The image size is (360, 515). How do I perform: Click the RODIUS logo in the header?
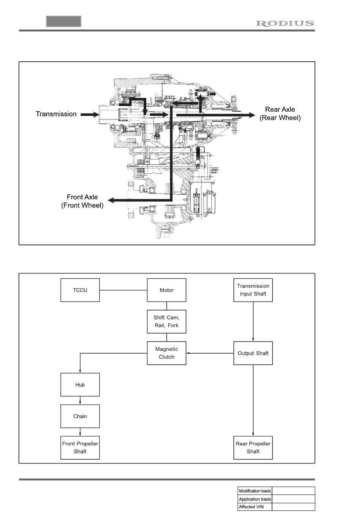285,23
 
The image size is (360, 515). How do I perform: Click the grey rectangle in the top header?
64,21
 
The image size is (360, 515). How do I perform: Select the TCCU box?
80,290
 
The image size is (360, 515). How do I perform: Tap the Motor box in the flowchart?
166,290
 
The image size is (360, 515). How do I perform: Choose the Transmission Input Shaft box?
253,290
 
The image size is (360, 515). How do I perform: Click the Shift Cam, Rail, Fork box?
166,321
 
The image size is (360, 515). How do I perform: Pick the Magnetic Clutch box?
166,353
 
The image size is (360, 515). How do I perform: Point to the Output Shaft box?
253,353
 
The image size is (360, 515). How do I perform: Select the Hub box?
80,385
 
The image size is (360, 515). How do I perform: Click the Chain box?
80,416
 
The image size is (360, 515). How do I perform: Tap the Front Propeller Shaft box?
80,448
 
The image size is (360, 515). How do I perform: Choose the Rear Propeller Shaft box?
253,448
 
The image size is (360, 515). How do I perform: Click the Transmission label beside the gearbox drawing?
56,114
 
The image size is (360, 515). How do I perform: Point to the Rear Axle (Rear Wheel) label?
280,114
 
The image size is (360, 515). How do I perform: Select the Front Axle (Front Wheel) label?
82,201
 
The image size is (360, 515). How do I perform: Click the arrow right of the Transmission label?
89,114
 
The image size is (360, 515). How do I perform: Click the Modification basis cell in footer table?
255,491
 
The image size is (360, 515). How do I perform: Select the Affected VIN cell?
255,507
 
